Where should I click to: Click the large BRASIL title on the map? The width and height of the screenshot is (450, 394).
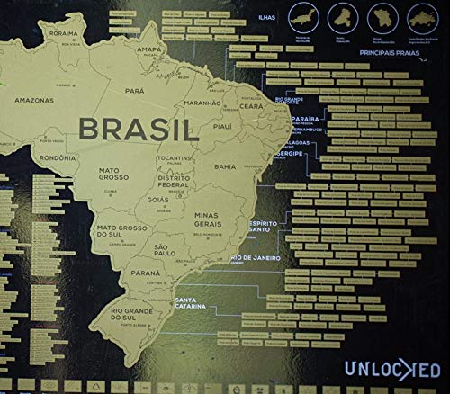(x=138, y=129)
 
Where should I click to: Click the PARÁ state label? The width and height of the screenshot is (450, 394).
(x=135, y=91)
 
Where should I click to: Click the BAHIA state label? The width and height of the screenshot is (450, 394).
(x=225, y=166)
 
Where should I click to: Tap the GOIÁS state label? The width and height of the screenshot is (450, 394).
(x=157, y=199)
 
